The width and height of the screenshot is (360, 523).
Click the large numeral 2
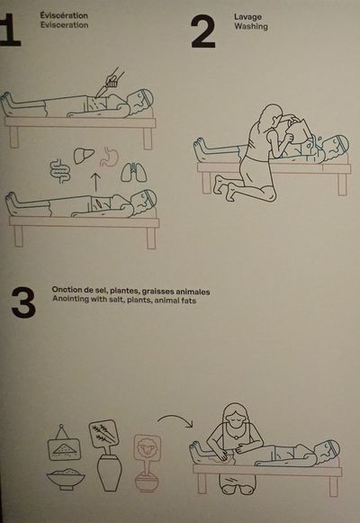[x=203, y=32]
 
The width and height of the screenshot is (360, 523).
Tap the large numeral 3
[x=23, y=302]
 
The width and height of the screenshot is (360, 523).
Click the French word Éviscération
[x=64, y=15]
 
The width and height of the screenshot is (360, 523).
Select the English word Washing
[x=251, y=26]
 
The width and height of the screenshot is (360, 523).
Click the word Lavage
[x=247, y=17]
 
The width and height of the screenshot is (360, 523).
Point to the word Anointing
[x=70, y=299]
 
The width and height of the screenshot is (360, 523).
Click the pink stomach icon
[x=109, y=157]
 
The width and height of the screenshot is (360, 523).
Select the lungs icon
[x=134, y=172]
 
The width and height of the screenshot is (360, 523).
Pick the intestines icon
[x=60, y=171]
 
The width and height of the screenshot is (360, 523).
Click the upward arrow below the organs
[x=95, y=182]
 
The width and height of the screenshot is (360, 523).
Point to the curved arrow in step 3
[x=176, y=419]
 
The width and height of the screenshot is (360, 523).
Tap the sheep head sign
[x=148, y=448]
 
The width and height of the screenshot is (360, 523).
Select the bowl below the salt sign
[x=66, y=479]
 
